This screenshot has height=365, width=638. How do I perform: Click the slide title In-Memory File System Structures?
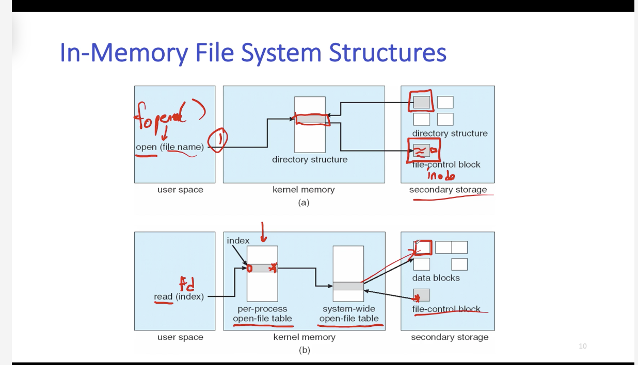click(x=253, y=53)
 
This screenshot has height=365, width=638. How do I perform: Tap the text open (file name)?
click(x=170, y=147)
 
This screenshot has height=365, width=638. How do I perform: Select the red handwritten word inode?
click(x=441, y=176)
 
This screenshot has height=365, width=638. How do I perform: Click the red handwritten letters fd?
click(x=186, y=284)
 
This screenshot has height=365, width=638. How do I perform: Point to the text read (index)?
click(x=179, y=297)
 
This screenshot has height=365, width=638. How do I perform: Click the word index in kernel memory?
click(x=238, y=241)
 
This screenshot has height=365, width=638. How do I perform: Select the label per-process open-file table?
click(x=262, y=314)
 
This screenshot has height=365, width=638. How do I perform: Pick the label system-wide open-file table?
click(x=348, y=314)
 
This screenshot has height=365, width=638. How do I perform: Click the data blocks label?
click(x=436, y=278)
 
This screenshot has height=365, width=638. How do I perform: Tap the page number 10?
click(x=582, y=346)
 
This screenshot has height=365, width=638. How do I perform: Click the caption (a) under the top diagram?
click(x=304, y=203)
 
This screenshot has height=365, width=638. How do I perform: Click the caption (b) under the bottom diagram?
click(x=304, y=350)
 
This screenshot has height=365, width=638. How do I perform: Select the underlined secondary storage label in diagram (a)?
click(x=448, y=190)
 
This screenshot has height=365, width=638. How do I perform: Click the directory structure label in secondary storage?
click(x=450, y=134)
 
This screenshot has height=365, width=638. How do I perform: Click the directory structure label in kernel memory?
click(x=310, y=160)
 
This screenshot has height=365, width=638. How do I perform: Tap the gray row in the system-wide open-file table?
click(x=348, y=286)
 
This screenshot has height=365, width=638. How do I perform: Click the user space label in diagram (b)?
click(x=180, y=337)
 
